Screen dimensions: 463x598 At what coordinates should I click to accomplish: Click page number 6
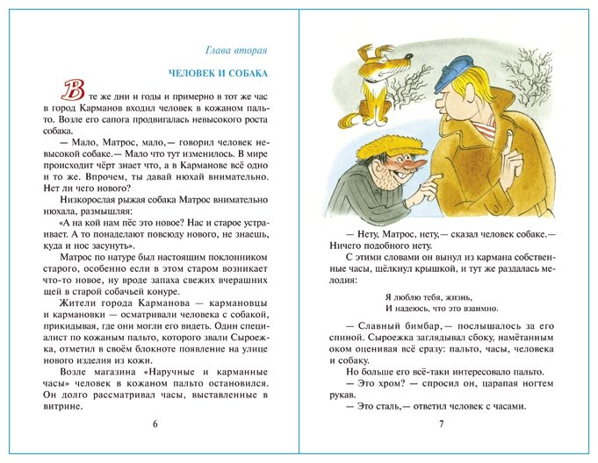pos(155,425)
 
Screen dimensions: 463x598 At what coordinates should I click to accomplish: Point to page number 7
pos(442,425)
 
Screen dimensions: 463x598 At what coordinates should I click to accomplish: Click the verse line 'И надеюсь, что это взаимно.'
pos(442,309)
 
